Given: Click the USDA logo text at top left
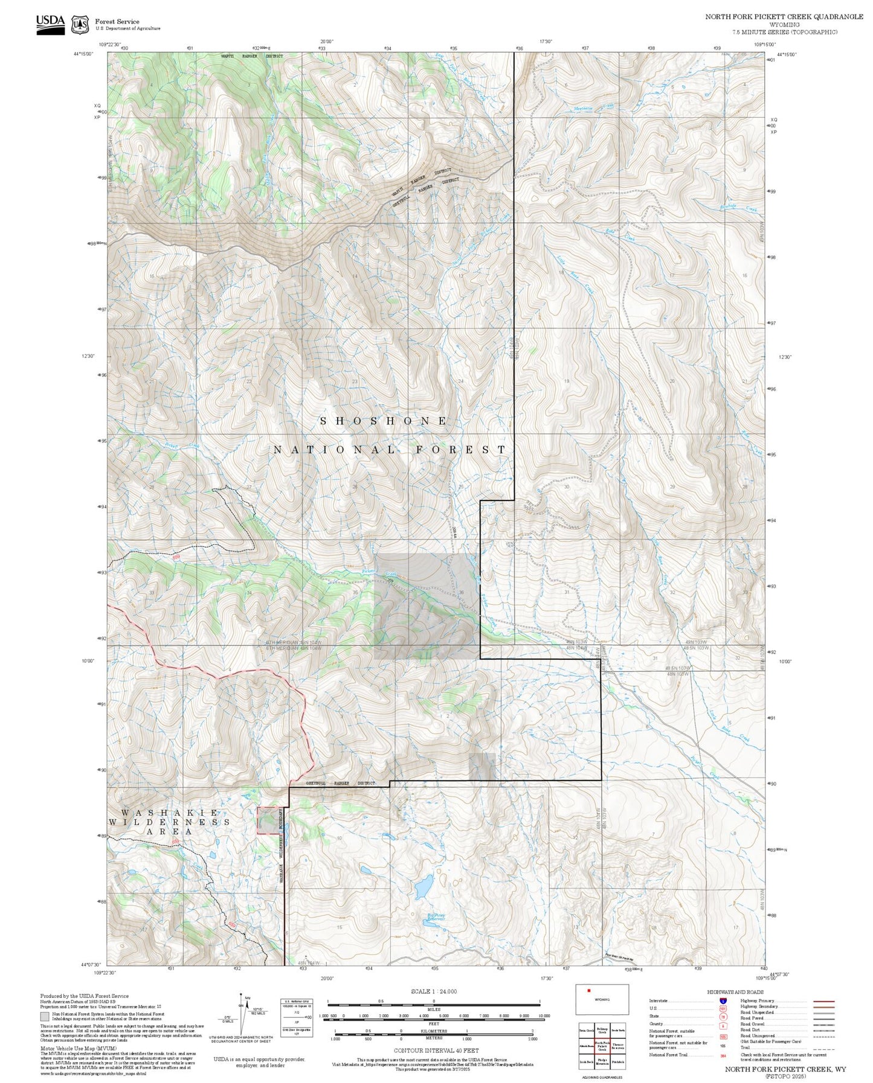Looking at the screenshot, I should point(50,21).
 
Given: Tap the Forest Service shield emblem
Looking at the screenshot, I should point(79,25).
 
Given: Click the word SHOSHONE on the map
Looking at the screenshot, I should point(384,421).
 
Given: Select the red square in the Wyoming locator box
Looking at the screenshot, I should point(588,990).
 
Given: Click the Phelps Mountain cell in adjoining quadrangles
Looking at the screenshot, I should point(602,1061).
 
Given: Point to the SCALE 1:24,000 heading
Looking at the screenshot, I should point(434,991).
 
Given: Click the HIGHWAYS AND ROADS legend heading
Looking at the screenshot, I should point(735,992).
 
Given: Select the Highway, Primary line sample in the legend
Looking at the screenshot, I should point(824,1001).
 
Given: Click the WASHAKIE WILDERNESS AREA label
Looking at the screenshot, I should point(169,822).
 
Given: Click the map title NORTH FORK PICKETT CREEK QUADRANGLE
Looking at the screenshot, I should point(784,17).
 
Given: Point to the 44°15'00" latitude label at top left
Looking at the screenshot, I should point(84,54).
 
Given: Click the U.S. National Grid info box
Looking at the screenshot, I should point(297,1017).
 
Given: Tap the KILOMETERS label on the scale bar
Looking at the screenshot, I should point(434,1032).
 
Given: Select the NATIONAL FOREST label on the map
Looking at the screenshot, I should point(390,450).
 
